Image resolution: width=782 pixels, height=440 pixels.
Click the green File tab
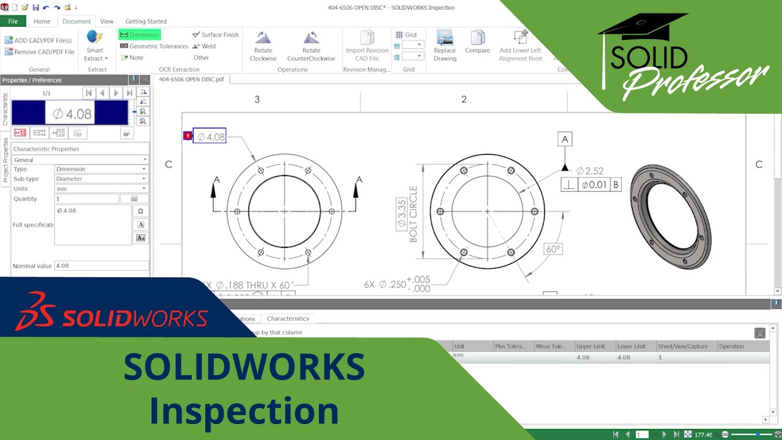tap(13, 21)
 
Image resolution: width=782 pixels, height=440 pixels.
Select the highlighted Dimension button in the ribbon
tap(139, 35)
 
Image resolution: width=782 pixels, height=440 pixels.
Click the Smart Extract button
tap(95, 46)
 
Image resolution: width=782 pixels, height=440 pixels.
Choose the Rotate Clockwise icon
tap(263, 46)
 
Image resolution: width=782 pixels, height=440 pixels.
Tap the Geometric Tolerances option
tap(154, 46)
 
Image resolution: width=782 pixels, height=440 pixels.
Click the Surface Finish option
tap(216, 35)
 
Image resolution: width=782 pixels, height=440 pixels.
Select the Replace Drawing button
tap(445, 46)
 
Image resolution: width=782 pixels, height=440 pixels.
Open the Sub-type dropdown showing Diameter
tap(101, 179)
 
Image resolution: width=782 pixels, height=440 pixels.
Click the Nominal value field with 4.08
tap(101, 266)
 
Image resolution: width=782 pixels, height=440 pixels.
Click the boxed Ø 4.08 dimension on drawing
tap(210, 137)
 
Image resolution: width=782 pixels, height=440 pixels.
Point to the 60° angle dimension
tap(553, 249)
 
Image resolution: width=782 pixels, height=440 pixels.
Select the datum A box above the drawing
tap(565, 139)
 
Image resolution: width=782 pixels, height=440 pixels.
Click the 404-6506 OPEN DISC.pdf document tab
tap(191, 79)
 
